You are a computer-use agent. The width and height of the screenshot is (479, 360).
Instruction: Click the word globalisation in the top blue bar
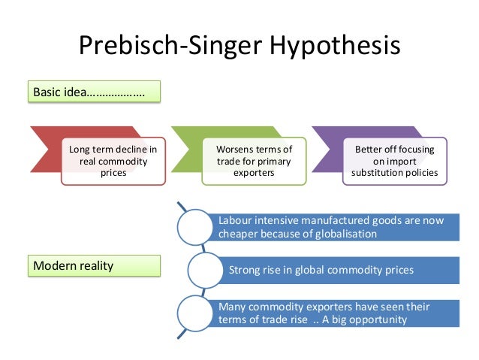coord(344,233)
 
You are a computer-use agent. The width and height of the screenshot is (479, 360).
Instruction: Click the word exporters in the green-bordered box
coord(254,173)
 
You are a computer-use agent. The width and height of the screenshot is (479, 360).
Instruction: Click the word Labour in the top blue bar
coord(234,220)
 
